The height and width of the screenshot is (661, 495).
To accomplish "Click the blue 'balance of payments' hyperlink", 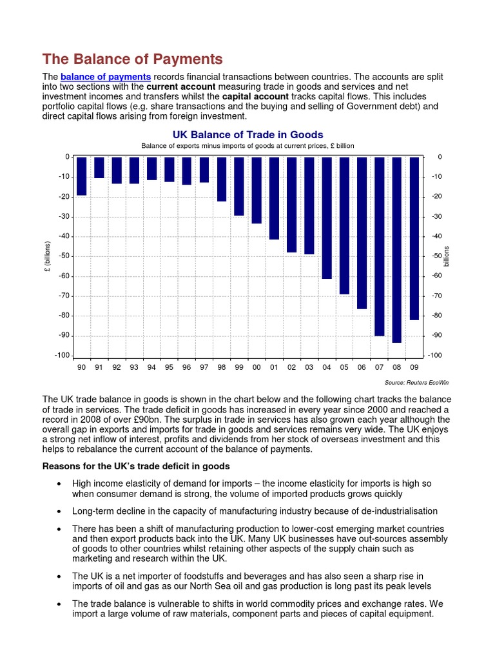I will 106,77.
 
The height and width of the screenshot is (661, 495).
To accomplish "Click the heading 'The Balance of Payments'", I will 133,59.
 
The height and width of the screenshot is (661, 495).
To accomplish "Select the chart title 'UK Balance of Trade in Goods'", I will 247,134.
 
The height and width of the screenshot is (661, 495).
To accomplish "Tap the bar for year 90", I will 81,176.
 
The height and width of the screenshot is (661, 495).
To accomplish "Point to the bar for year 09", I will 414,238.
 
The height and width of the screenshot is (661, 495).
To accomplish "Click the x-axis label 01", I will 274,367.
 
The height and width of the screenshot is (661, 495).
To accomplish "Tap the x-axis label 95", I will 169,367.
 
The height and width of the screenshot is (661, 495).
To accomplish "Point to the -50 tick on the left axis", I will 63,256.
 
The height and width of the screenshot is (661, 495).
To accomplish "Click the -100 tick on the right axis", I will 435,356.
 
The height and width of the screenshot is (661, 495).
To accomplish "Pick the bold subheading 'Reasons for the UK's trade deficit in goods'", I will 136,466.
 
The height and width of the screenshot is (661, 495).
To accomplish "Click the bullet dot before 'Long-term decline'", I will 59,511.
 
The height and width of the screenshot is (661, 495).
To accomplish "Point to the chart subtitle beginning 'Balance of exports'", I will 247,146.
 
